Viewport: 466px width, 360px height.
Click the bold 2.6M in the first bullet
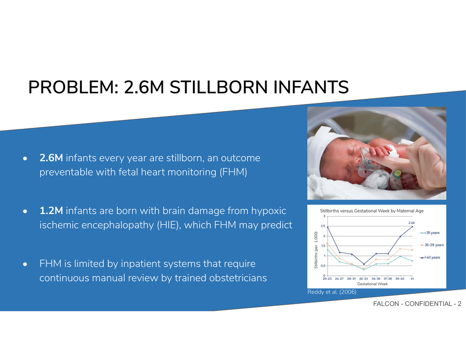[x=51, y=158]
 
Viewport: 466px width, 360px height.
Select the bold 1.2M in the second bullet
[x=51, y=211]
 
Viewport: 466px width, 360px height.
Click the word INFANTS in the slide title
[x=311, y=87]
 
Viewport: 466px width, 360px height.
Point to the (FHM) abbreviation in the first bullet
[x=233, y=172]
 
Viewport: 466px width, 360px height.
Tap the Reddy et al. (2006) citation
[x=332, y=292]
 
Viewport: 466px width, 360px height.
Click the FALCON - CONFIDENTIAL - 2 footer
[x=417, y=304]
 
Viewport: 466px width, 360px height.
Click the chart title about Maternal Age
[x=372, y=211]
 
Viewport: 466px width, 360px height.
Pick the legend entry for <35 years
[x=430, y=233]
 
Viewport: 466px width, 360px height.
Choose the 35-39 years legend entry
[x=432, y=245]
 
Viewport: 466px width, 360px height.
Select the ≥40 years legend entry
[x=430, y=258]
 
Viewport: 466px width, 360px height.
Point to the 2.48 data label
[x=411, y=223]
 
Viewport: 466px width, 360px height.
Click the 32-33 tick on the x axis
[x=364, y=279]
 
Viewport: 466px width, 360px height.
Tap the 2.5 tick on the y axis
[x=323, y=226]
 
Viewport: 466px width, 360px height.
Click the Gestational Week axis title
[x=372, y=284]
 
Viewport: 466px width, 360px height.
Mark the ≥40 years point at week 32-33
[x=364, y=264]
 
